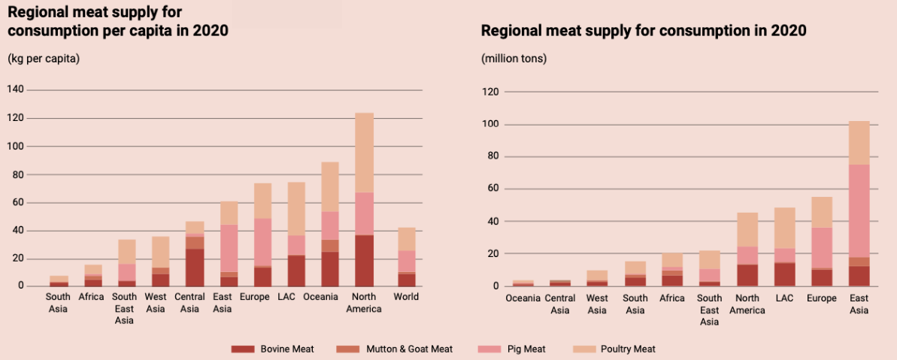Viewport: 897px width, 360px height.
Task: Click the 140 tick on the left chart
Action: coord(16,89)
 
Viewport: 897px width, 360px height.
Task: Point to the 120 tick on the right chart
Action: coord(490,92)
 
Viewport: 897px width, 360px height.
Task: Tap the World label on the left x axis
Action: coord(407,297)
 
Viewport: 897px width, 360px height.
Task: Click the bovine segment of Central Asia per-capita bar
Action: coord(195,267)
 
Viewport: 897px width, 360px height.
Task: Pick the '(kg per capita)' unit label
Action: coord(44,59)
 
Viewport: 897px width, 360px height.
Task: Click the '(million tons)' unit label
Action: coord(514,59)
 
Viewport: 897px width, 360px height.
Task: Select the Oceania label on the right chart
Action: coord(523,298)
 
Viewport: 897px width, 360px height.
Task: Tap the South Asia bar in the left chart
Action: coord(59,281)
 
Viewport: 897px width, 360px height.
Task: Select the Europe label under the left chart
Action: coord(254,297)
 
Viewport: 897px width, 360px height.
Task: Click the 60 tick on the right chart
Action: coord(493,189)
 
